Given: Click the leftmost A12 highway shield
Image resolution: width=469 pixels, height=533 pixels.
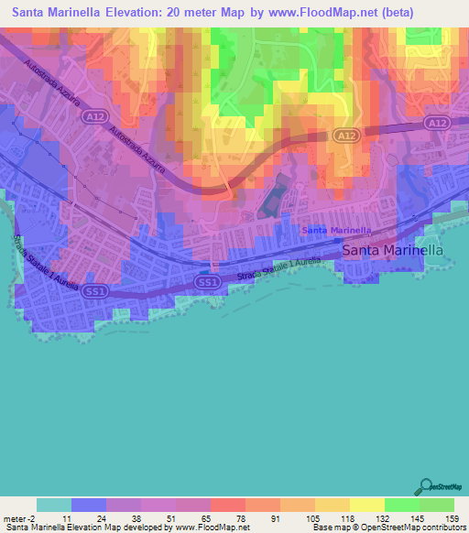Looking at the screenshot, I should (x=92, y=116).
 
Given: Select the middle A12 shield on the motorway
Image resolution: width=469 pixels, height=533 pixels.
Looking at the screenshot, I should (x=344, y=135).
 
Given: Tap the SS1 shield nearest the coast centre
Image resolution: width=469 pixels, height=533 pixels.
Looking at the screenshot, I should (x=209, y=283).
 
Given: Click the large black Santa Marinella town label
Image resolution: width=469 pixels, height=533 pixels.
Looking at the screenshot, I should (x=392, y=249).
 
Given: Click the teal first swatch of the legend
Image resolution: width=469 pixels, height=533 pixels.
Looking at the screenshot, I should (x=54, y=505).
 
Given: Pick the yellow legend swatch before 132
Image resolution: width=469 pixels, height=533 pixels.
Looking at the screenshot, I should (x=333, y=505).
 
